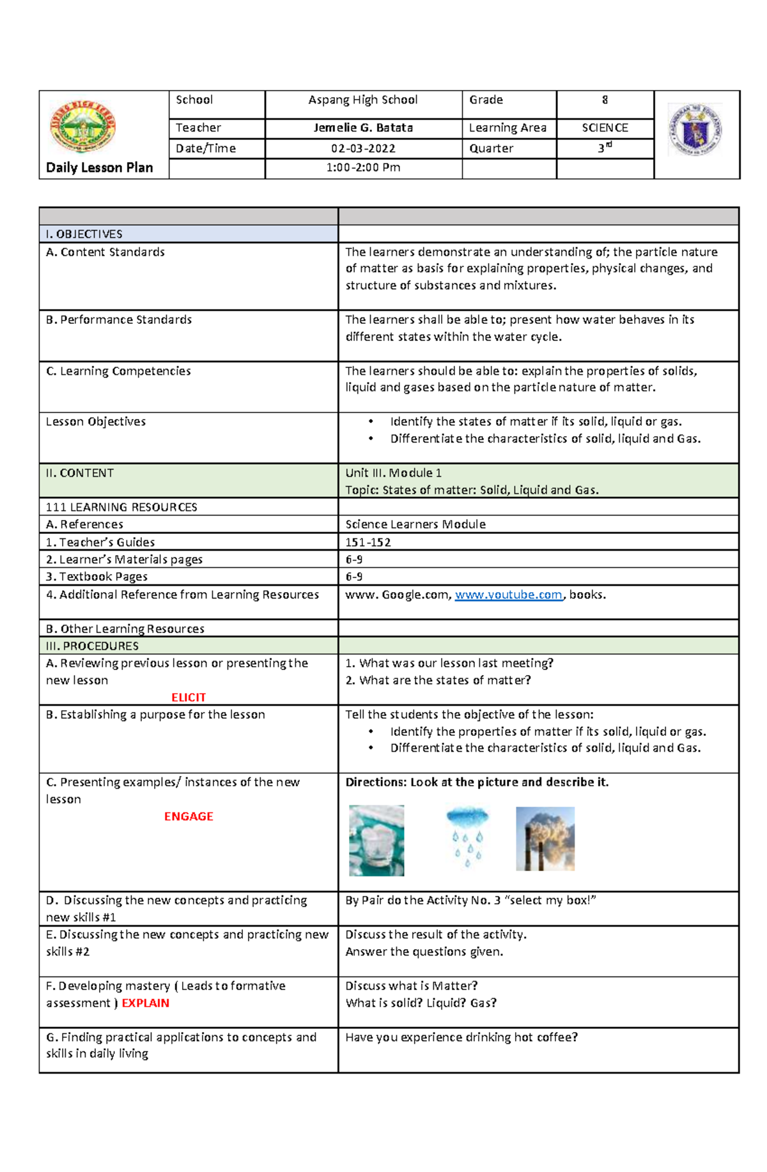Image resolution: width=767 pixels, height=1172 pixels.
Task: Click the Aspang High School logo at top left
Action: click(x=82, y=126)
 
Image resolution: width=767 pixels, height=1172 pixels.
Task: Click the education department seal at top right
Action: click(x=695, y=130)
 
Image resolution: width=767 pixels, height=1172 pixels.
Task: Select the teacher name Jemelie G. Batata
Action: click(x=363, y=128)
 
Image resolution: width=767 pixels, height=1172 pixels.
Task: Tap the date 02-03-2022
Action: click(x=363, y=148)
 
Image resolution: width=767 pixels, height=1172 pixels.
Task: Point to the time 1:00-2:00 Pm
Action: click(x=363, y=167)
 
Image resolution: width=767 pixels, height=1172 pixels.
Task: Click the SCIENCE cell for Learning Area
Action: click(x=605, y=128)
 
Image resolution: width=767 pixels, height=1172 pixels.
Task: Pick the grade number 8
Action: click(x=605, y=100)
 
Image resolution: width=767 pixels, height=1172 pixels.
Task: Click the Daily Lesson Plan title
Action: click(x=99, y=167)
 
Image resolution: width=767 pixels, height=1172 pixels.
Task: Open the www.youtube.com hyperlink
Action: click(x=508, y=595)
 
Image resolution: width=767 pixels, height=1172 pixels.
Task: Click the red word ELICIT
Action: click(x=189, y=697)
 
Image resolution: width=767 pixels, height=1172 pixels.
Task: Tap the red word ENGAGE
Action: click(x=189, y=816)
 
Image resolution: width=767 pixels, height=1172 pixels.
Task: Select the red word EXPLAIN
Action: click(x=146, y=1003)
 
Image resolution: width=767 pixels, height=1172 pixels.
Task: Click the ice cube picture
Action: click(x=376, y=840)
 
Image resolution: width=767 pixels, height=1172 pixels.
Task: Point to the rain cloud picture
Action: click(x=467, y=837)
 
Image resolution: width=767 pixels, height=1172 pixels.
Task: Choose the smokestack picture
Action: click(x=545, y=839)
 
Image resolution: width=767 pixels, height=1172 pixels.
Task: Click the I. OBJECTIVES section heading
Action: click(x=84, y=234)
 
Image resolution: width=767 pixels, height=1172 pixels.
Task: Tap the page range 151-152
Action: click(x=368, y=542)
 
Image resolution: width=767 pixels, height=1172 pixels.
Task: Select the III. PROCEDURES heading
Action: click(x=92, y=646)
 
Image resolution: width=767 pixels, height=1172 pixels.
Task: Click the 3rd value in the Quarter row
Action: click(x=605, y=148)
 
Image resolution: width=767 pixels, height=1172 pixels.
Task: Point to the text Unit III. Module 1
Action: click(x=393, y=473)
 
